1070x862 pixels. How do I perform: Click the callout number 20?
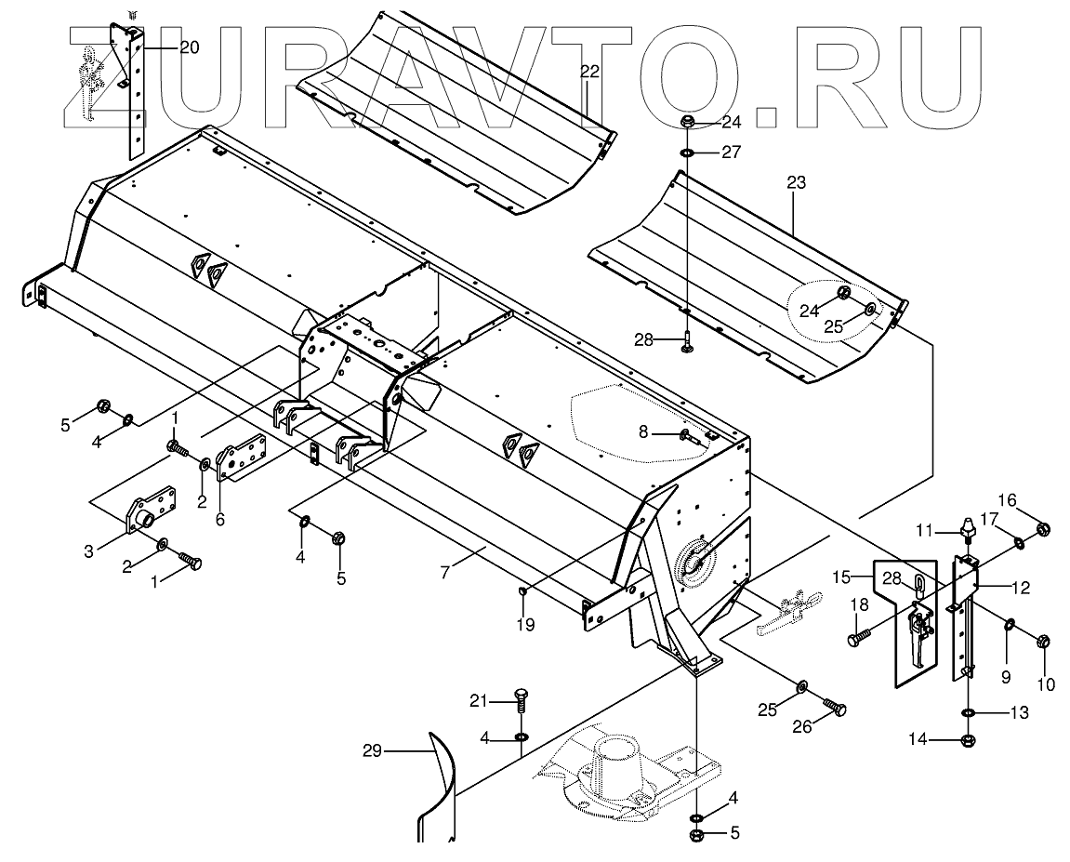pos(189,47)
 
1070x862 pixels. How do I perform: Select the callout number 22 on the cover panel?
pos(589,71)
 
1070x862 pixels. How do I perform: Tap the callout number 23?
pos(796,183)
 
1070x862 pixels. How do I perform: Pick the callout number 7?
pos(445,572)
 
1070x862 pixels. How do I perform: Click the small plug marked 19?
pos(525,591)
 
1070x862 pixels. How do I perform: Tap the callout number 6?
pos(219,520)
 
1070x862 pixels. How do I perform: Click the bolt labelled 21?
pos(521,700)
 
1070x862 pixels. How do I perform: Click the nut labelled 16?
pos(1043,529)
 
